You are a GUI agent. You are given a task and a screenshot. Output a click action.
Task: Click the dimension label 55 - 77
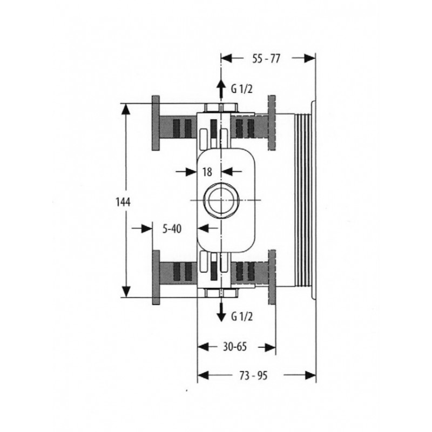click(x=266, y=58)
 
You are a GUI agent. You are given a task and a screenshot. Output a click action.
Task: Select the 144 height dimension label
click(x=123, y=202)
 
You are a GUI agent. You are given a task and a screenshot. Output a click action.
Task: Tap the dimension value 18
click(x=207, y=172)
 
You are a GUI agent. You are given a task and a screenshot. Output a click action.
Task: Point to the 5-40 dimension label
click(x=172, y=228)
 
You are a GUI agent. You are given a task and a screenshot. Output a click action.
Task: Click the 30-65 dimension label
click(x=235, y=347)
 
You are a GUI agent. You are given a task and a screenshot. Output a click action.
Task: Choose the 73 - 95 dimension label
click(x=253, y=375)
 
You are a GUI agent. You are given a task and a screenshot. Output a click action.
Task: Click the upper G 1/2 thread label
click(x=241, y=89)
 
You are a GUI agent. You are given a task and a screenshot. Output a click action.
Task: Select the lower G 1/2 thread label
click(x=241, y=317)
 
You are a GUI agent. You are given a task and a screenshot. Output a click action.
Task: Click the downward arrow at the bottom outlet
click(x=221, y=312)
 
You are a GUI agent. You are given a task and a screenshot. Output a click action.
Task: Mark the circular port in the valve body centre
click(x=220, y=199)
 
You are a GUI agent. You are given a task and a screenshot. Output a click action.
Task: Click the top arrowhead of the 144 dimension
click(x=126, y=109)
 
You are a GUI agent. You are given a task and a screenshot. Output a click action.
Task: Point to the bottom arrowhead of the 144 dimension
click(x=126, y=292)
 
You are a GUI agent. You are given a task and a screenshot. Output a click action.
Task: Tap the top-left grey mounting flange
click(x=156, y=123)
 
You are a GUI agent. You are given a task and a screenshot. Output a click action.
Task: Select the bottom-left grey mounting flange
click(x=156, y=278)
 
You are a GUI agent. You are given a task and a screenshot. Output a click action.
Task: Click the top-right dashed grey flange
click(x=272, y=123)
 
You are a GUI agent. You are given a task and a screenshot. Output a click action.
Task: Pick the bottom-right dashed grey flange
click(x=272, y=278)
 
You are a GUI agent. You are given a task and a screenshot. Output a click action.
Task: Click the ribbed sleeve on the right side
click(x=302, y=200)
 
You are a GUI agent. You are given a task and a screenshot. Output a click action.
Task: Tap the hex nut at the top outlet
click(x=221, y=107)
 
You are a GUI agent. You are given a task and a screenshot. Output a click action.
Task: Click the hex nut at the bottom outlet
click(x=221, y=293)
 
